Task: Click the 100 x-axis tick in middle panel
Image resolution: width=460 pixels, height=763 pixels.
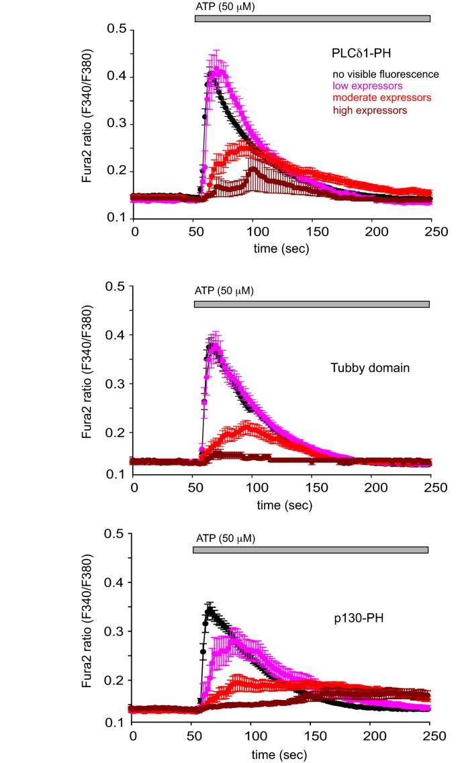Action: pyautogui.click(x=253, y=486)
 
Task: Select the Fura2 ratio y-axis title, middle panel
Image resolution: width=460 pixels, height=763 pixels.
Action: pyautogui.click(x=89, y=380)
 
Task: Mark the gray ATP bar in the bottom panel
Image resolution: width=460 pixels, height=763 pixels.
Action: pyautogui.click(x=310, y=550)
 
